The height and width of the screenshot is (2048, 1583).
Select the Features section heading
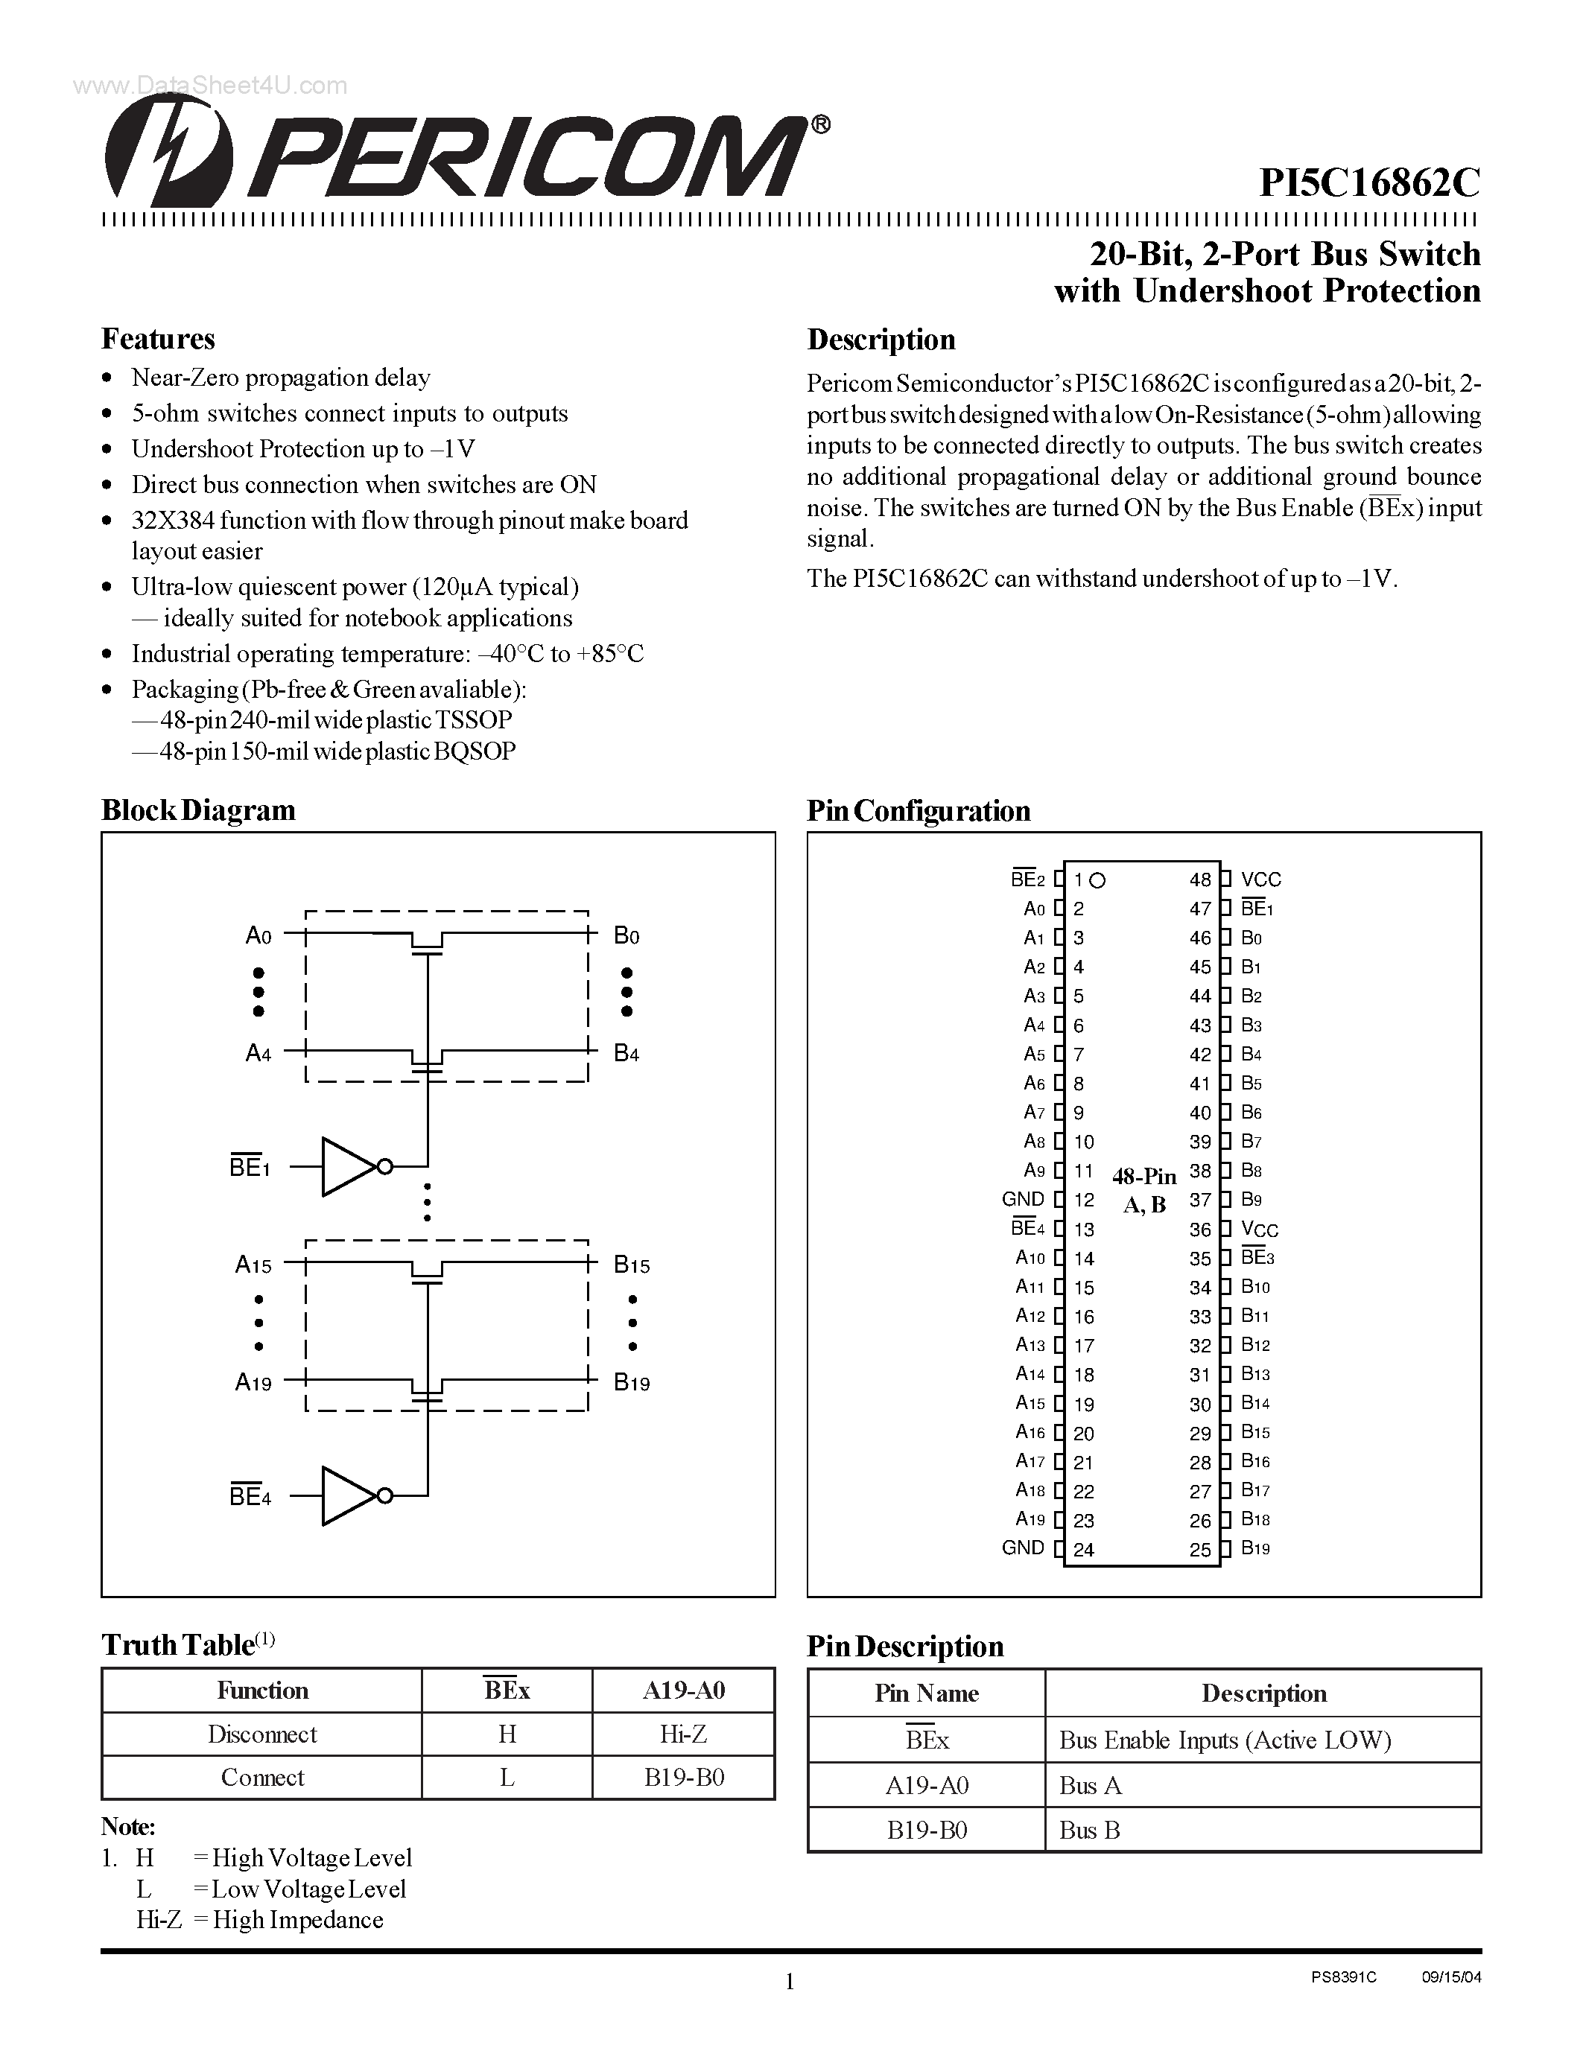click(157, 339)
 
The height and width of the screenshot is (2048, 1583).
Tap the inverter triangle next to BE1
click(347, 1166)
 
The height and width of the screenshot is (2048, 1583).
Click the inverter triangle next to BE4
click(347, 1495)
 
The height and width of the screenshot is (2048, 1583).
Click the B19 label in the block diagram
click(631, 1382)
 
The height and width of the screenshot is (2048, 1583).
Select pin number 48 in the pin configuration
click(1199, 880)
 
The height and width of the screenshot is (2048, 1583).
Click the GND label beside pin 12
click(1022, 1199)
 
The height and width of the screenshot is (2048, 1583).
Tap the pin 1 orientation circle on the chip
click(1098, 880)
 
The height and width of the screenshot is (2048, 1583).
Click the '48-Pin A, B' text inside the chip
click(1144, 1190)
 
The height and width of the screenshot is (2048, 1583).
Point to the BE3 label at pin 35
click(1257, 1258)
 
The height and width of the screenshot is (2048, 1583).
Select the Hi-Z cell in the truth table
click(682, 1734)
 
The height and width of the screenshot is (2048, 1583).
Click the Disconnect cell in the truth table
click(261, 1734)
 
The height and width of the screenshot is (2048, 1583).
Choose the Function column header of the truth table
click(261, 1690)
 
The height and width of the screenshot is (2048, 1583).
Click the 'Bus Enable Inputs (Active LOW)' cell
click(1224, 1740)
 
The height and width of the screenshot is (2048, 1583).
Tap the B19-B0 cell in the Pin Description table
click(927, 1830)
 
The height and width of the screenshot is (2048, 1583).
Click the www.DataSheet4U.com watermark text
click(210, 86)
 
